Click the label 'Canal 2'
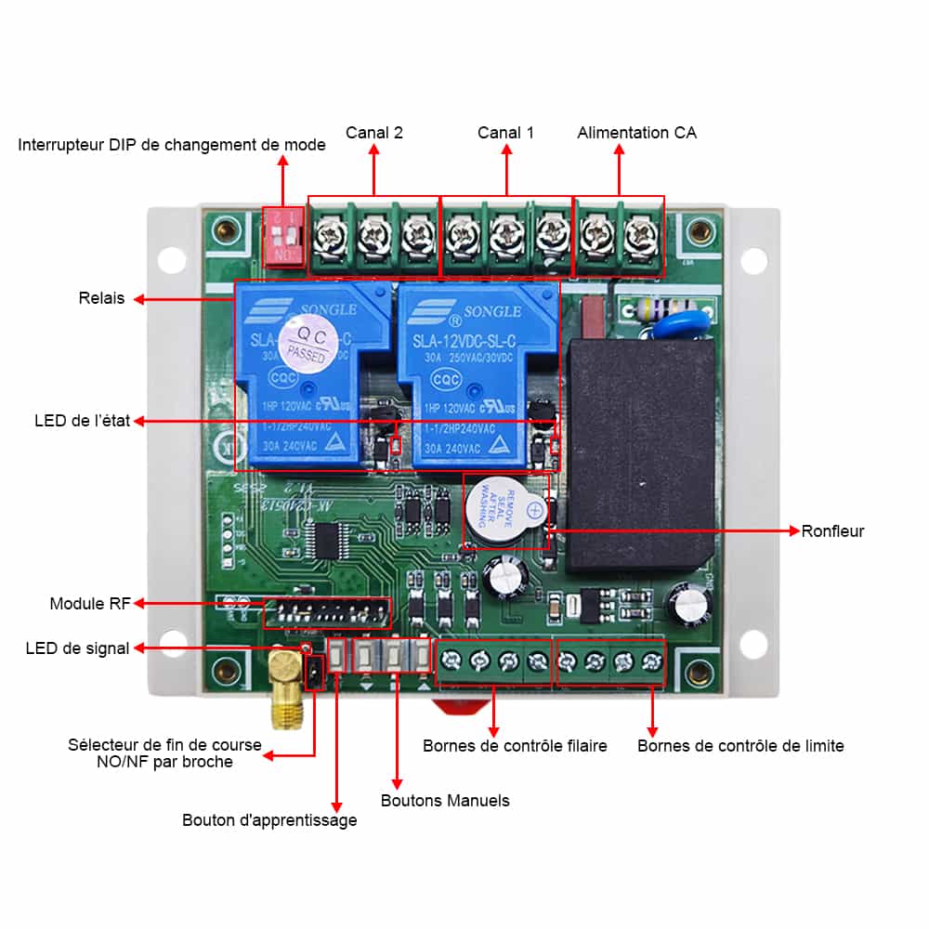coord(374,133)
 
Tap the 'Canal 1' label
coord(505,133)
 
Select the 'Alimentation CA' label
coord(636,133)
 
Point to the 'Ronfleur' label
coord(832,531)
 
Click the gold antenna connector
coord(285,687)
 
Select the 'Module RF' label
coord(90,604)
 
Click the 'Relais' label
coord(101,299)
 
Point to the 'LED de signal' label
coord(77,648)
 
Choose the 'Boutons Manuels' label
coord(445,801)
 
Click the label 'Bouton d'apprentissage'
coord(269,820)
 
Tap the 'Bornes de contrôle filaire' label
coord(515,746)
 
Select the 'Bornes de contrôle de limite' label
coord(740,746)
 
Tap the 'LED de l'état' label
coord(71,421)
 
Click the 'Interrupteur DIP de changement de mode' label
coord(172,145)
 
